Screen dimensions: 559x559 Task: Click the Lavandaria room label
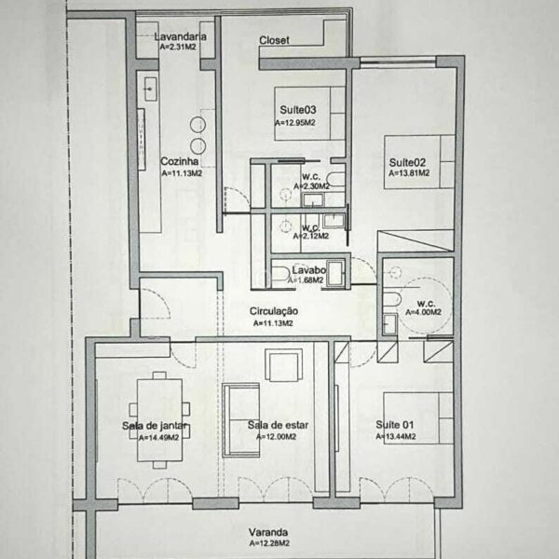[x=181, y=36]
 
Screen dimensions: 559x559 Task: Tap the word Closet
[x=274, y=40]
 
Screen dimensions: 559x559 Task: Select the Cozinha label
[x=179, y=161]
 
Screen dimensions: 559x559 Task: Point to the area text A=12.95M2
[x=294, y=123]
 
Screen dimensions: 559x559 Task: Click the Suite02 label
[x=407, y=162]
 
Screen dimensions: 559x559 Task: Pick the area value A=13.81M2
[x=409, y=173]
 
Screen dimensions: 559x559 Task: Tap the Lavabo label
[x=308, y=270]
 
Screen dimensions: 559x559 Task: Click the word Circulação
[x=273, y=311]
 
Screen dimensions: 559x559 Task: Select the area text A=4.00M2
[x=423, y=312]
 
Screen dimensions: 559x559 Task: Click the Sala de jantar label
[x=155, y=426]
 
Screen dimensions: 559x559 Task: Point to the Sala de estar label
[x=278, y=425]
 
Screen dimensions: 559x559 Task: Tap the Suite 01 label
[x=395, y=425]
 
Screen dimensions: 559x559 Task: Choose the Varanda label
[x=268, y=532]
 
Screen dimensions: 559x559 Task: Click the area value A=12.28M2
[x=269, y=543]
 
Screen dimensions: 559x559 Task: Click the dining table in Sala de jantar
[x=159, y=420]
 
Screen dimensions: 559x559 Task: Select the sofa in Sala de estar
[x=240, y=420]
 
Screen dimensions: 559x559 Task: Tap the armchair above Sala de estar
[x=284, y=365]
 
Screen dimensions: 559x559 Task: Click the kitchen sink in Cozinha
[x=150, y=89]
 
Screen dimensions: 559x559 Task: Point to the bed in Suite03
[x=309, y=114]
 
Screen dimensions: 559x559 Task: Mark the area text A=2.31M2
[x=178, y=47]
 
